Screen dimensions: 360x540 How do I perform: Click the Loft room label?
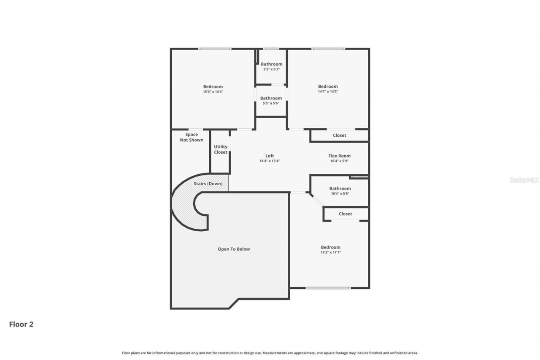click(270, 156)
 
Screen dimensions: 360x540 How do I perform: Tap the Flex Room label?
click(339, 156)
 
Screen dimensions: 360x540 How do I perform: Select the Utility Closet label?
click(220, 149)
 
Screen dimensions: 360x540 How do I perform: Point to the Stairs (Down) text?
click(208, 184)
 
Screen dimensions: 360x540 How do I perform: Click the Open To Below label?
click(234, 249)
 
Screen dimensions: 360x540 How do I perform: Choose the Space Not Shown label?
click(192, 137)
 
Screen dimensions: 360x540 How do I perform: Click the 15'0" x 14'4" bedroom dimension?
click(213, 92)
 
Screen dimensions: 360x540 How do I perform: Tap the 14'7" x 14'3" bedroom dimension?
click(328, 92)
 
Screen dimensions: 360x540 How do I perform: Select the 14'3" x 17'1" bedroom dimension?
click(330, 252)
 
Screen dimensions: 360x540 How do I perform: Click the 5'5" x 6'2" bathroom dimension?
click(271, 69)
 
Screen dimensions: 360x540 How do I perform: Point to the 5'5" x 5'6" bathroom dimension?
click(271, 103)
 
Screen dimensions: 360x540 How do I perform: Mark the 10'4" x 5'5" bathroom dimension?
click(340, 194)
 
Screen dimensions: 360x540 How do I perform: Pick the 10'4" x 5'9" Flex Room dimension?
click(339, 161)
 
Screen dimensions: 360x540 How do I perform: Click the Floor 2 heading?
click(21, 324)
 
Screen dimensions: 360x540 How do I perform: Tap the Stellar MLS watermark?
click(524, 180)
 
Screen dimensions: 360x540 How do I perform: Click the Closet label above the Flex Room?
click(339, 135)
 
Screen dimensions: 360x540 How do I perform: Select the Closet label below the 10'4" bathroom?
click(345, 214)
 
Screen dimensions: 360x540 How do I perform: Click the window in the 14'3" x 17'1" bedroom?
click(328, 288)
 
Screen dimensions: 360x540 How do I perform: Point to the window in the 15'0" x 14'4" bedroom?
click(215, 49)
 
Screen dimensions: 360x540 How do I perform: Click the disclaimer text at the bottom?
click(270, 353)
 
